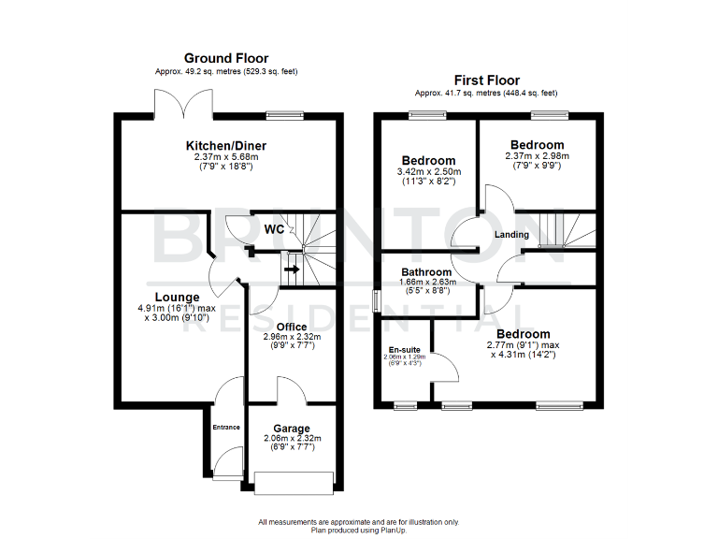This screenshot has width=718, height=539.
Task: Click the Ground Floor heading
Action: click(x=225, y=58)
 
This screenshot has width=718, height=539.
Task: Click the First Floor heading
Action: click(x=487, y=80)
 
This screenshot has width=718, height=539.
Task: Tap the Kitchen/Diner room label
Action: click(x=225, y=146)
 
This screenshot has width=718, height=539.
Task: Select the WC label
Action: click(x=274, y=229)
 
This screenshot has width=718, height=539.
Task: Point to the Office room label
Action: click(x=292, y=326)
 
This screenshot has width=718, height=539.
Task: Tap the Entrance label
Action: click(x=226, y=428)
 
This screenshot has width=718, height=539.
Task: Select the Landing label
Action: click(x=511, y=234)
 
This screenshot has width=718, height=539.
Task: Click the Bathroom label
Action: click(x=426, y=272)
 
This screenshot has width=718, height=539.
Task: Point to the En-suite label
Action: click(x=404, y=351)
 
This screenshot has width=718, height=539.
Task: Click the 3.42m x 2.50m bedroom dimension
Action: click(x=429, y=172)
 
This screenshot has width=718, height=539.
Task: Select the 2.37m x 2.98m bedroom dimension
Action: click(x=537, y=156)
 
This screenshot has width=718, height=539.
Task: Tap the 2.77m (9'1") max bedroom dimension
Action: click(x=523, y=345)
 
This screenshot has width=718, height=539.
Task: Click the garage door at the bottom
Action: click(x=294, y=482)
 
